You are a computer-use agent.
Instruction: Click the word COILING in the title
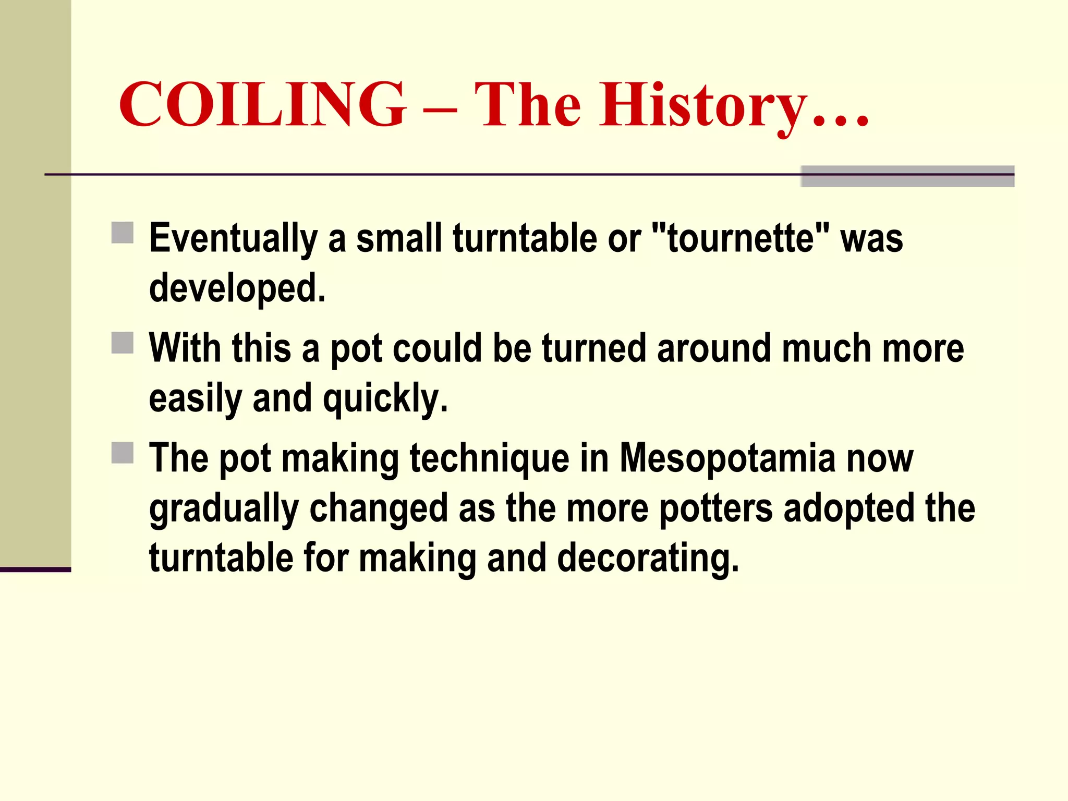[x=262, y=104]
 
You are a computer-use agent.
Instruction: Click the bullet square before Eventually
[x=123, y=233]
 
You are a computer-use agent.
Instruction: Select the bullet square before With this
[x=123, y=343]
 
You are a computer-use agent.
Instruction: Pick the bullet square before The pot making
[x=123, y=453]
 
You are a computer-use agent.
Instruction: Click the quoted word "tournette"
[x=741, y=238]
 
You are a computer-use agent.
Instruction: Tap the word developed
[x=237, y=288]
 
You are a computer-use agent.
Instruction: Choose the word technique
[x=489, y=459]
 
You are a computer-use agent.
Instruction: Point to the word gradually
[x=224, y=509]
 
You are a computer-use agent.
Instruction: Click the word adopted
[x=849, y=508]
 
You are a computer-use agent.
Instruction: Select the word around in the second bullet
[x=714, y=348]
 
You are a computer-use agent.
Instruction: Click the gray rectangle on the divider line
[x=907, y=176]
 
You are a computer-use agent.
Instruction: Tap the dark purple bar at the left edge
[x=35, y=569]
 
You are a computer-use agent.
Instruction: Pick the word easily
[x=196, y=398]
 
